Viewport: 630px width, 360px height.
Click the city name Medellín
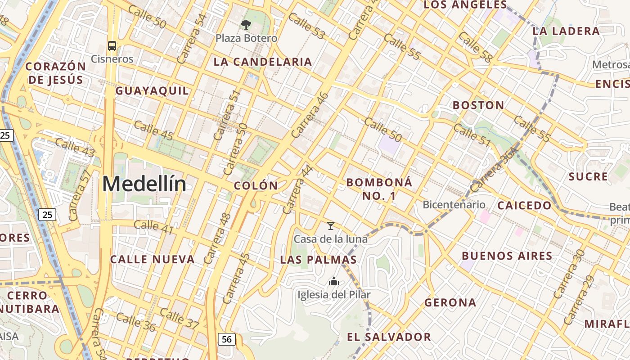(x=144, y=184)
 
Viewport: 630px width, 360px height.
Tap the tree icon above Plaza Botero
(x=246, y=25)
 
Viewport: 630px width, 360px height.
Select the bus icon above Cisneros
(x=112, y=45)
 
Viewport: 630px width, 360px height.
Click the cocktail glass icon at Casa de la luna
(x=331, y=225)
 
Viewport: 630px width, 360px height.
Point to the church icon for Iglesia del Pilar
(x=334, y=282)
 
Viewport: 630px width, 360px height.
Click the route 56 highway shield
(x=226, y=339)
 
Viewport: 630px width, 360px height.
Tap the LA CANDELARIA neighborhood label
(x=263, y=62)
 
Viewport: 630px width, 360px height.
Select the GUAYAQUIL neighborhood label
(x=152, y=91)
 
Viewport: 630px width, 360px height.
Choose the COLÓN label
(x=256, y=185)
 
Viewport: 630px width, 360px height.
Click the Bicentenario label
(x=454, y=205)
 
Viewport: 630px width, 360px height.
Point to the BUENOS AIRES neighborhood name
(x=507, y=256)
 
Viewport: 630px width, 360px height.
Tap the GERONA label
(x=450, y=302)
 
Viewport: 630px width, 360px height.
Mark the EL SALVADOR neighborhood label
(x=389, y=337)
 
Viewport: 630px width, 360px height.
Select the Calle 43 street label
(x=75, y=148)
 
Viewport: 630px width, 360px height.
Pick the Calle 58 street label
(x=476, y=47)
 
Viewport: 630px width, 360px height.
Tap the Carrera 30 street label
(x=568, y=275)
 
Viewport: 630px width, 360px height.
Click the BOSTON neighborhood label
(x=478, y=105)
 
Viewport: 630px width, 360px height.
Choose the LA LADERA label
(x=566, y=31)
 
